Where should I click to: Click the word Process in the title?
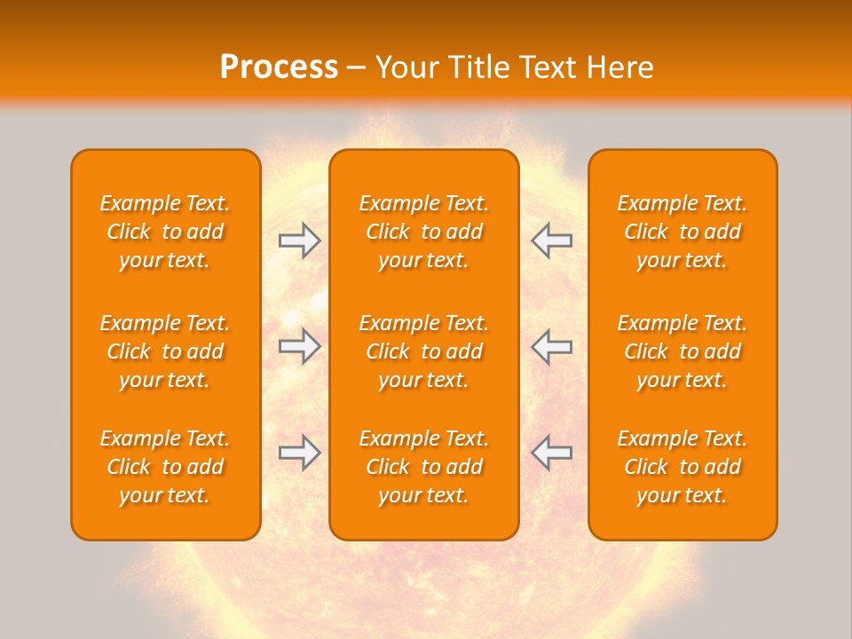279,67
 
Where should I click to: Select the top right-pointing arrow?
299,241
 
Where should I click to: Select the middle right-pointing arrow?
299,346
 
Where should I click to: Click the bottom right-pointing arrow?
299,453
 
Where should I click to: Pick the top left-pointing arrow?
551,241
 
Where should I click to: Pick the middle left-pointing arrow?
551,346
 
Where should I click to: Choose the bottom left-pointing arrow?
551,453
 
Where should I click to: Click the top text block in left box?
165,232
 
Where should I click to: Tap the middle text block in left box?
165,351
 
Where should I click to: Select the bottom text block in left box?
165,467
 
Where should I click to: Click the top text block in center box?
424,232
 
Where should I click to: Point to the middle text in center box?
424,351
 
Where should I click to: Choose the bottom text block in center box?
424,467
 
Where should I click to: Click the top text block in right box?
682,232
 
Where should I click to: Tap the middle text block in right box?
682,351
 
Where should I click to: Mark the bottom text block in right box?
682,467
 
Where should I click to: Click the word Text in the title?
549,67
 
